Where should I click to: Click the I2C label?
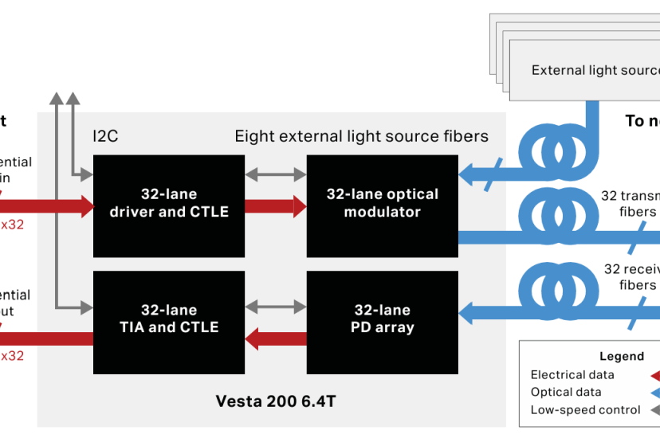pos(105,136)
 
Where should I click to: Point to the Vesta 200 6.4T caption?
pos(276,401)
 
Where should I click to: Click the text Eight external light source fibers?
pos(361,136)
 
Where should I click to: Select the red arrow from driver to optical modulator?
pos(275,206)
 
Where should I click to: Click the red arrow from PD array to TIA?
pos(275,339)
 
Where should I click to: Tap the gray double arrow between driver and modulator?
pos(275,172)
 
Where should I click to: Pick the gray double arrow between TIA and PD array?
pos(275,305)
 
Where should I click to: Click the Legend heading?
pos(621,357)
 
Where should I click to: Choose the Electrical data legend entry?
pos(572,375)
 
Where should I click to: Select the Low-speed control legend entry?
pos(585,410)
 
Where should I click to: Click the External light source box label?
pos(595,71)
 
